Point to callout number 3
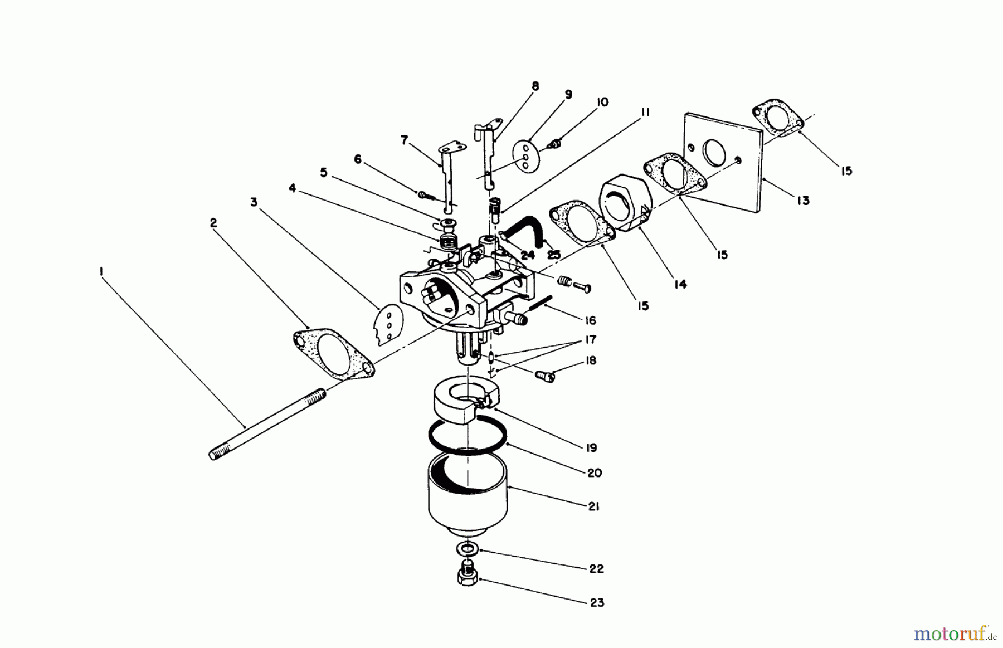click(254, 202)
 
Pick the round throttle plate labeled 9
click(524, 158)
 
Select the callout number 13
click(803, 201)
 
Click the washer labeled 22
click(468, 549)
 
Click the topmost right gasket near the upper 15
click(777, 118)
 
